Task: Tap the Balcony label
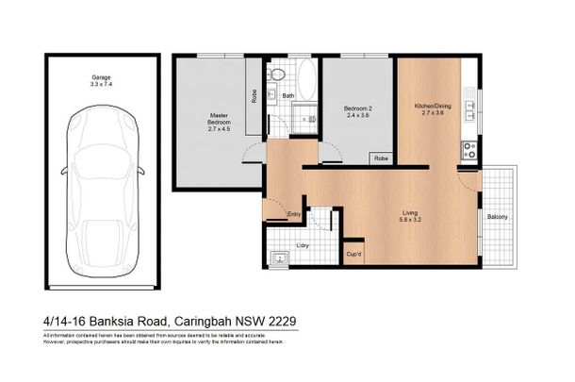point(498,219)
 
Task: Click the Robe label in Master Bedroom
point(255,95)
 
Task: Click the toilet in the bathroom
point(273,74)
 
